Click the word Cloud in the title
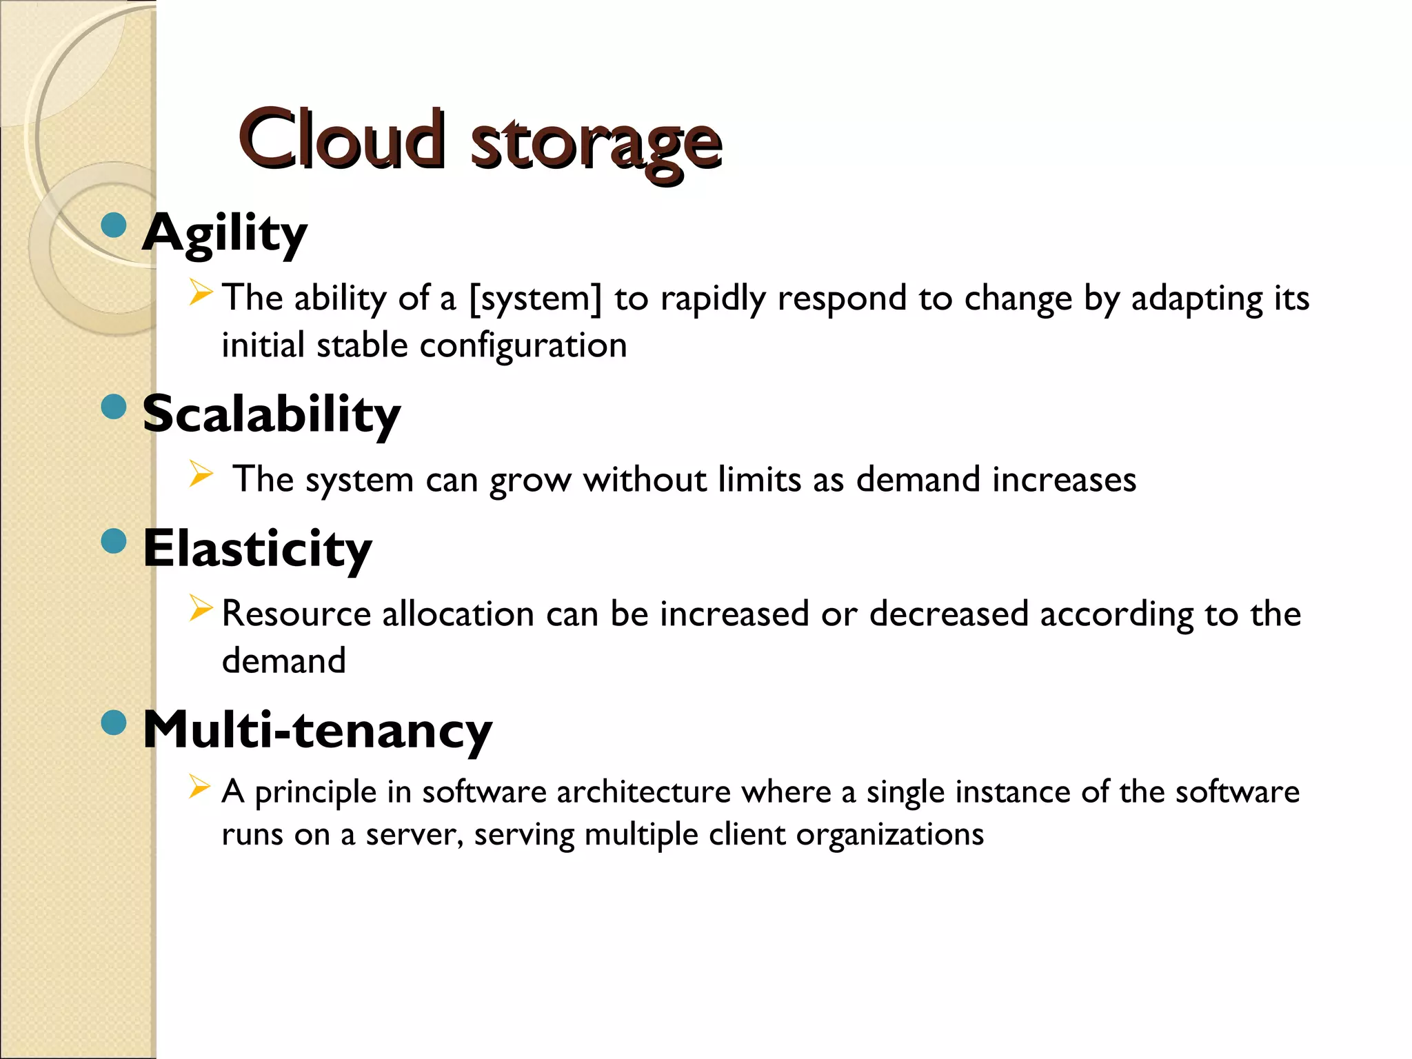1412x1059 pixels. tap(341, 140)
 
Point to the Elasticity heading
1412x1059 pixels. tap(257, 549)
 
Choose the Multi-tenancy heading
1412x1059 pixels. tap(317, 729)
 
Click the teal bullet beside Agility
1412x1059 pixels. tap(114, 225)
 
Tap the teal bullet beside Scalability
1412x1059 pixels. tap(114, 407)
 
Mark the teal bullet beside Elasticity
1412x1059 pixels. tap(114, 541)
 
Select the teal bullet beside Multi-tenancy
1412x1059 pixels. tap(114, 723)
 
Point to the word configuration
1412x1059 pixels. tap(523, 345)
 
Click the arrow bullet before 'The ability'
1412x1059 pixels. tap(200, 293)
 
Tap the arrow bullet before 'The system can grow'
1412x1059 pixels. tap(200, 474)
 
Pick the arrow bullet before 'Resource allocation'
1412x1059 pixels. tap(200, 608)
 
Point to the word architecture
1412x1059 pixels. tap(643, 792)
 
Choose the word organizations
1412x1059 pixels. tap(889, 835)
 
